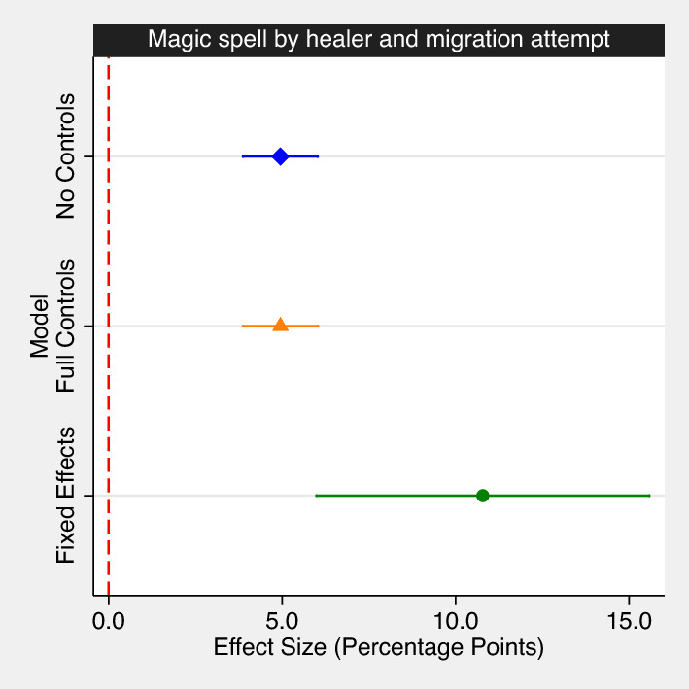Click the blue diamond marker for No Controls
tap(280, 156)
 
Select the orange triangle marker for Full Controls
tap(280, 325)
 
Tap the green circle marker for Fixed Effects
tap(482, 496)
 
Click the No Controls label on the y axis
tap(66, 156)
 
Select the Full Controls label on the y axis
tap(66, 326)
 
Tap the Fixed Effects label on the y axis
tap(66, 496)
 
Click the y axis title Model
tap(40, 326)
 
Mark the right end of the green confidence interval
tap(649, 496)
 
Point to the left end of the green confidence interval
tap(316, 496)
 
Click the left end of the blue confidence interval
tap(243, 156)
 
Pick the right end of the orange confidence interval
tap(318, 326)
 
